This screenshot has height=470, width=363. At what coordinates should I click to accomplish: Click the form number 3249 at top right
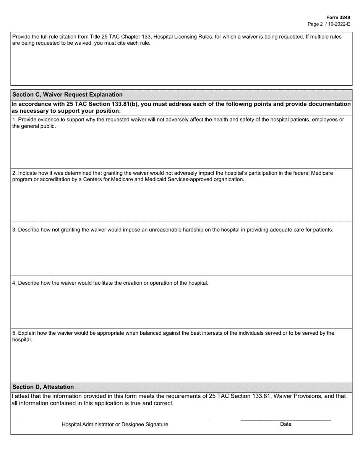tap(338, 18)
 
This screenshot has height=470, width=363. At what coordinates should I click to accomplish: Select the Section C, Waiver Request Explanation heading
tap(68, 94)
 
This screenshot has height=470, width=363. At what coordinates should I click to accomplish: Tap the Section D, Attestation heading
tap(43, 387)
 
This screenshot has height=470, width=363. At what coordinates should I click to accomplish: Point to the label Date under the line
tap(285, 424)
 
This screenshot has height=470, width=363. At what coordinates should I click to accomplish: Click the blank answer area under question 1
tap(181, 149)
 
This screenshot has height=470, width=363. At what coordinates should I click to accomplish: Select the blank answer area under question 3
tap(181, 254)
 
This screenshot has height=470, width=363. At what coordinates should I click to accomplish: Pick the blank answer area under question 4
tap(181, 308)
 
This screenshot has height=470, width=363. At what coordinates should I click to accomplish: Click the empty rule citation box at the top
tap(181, 65)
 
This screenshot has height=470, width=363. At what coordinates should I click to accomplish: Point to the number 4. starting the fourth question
tap(15, 283)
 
